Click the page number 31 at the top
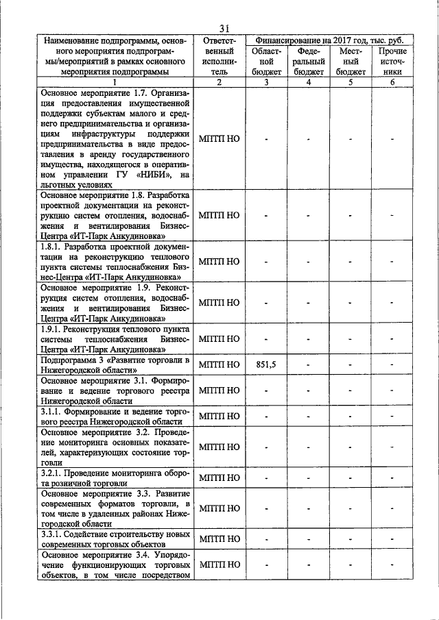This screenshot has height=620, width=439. click(224, 27)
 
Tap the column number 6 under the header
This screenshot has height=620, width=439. click(392, 83)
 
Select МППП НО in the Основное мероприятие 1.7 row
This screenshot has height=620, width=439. click(219, 138)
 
